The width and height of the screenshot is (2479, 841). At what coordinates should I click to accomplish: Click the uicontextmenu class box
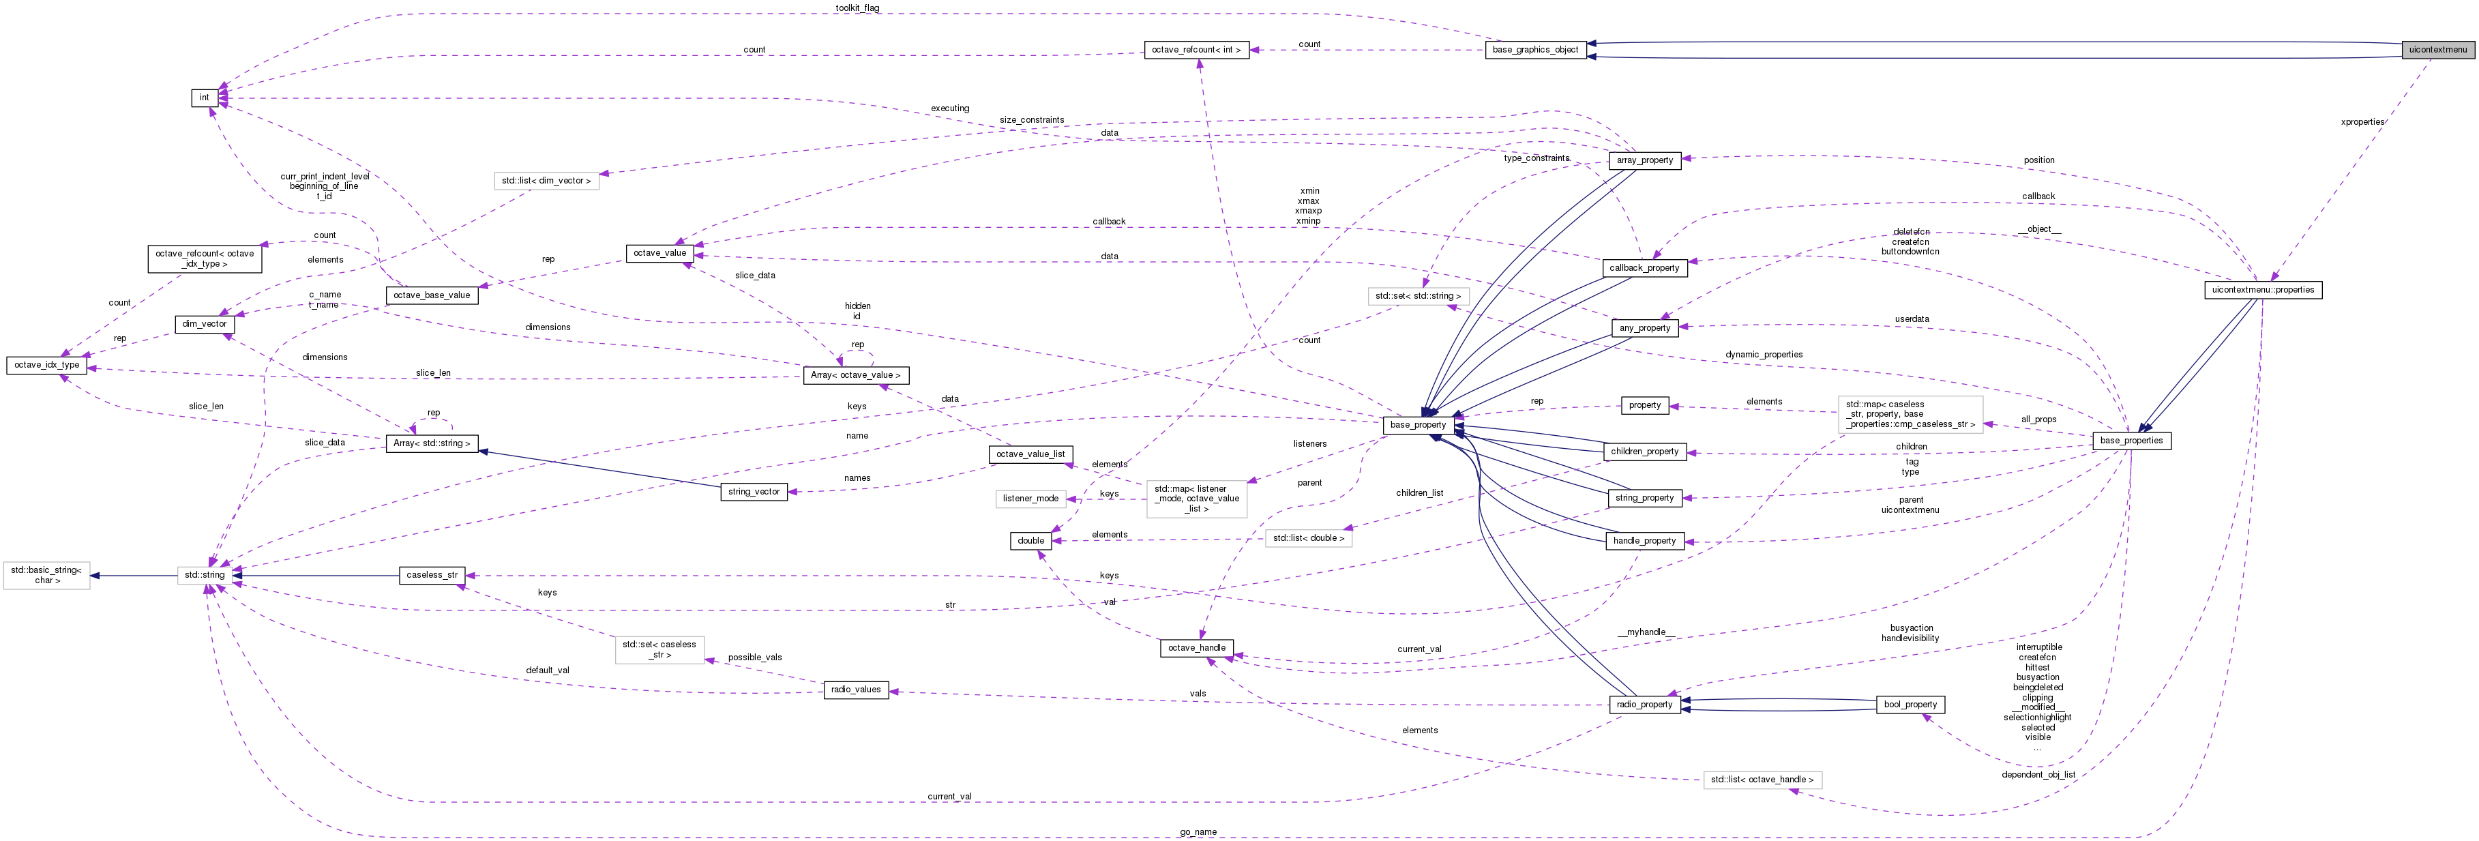click(2437, 49)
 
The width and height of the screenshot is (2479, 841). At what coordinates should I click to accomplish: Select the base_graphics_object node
click(1535, 49)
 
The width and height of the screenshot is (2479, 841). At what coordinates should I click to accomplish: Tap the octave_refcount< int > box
click(1196, 49)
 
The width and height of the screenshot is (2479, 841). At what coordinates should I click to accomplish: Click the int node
click(204, 97)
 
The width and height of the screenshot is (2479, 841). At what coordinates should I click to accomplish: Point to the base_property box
click(1418, 424)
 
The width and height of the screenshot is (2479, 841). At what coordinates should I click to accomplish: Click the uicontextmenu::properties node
click(2263, 290)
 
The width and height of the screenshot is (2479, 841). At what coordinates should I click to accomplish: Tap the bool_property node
click(1910, 705)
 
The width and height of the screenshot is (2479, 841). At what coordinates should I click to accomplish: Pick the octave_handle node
click(1196, 647)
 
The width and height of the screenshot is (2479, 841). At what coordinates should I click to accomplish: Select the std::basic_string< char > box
click(46, 576)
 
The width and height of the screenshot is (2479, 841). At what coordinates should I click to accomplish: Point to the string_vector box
click(754, 492)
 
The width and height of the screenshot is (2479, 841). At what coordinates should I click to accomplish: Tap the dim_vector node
click(204, 324)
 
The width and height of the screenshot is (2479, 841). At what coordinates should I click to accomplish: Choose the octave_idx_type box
click(47, 365)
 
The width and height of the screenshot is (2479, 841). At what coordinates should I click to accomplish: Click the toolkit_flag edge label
click(857, 8)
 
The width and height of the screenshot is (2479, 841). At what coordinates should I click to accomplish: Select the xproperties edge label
click(2362, 122)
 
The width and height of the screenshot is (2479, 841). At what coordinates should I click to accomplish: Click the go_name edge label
click(1198, 832)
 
